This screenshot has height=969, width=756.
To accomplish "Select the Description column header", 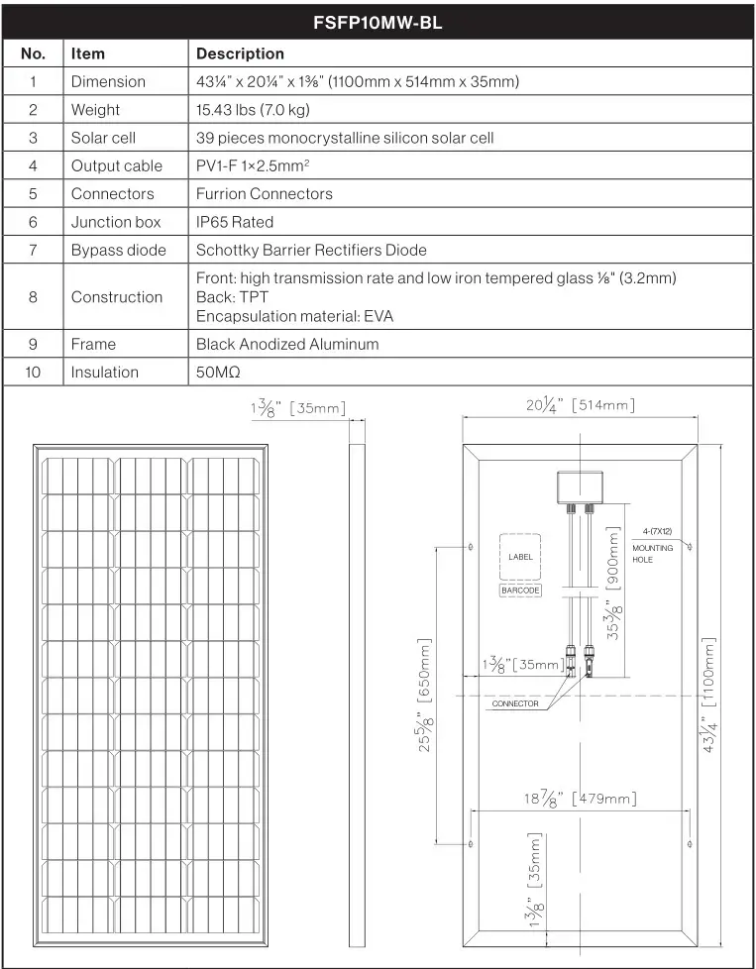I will point(240,54).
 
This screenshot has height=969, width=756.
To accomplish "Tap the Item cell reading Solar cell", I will point(103,138).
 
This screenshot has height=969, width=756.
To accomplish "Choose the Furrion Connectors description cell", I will point(265,193).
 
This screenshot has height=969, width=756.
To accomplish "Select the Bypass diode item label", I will point(119,250).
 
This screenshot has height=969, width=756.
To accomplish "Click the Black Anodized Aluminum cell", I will point(287,344).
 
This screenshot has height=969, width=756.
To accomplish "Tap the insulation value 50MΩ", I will point(218,373).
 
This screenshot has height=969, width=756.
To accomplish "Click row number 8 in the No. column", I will point(33,296).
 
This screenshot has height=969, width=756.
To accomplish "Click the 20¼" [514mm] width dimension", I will point(580,405).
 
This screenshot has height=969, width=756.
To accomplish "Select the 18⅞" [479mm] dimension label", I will point(580,799).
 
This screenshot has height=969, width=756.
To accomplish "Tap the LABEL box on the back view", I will point(520,557).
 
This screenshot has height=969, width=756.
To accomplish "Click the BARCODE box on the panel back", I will point(520,590).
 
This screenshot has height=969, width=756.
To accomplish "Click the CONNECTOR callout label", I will point(515,703).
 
